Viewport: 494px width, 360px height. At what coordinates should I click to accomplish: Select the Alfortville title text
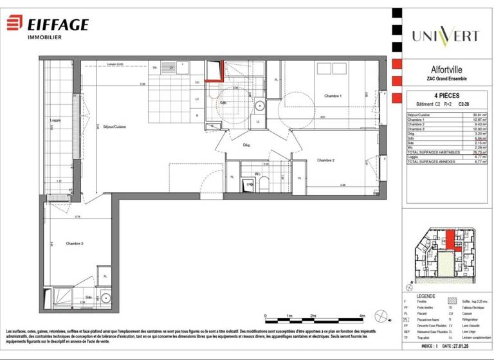[x=442, y=71]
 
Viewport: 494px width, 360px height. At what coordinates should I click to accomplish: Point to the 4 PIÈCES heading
[x=442, y=95]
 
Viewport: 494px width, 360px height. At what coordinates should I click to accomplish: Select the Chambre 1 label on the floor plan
[x=333, y=96]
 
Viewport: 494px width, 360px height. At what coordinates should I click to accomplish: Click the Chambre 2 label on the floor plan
[x=327, y=159]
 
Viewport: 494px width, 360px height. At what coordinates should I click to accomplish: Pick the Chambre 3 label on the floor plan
[x=75, y=243]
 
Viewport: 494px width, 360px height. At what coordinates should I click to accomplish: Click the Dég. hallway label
[x=246, y=145]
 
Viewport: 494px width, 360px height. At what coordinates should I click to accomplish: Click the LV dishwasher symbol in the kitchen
[x=171, y=67]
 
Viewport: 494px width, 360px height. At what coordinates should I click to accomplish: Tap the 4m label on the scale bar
[x=362, y=316]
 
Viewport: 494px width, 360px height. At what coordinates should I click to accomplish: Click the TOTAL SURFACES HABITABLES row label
[x=434, y=152]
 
